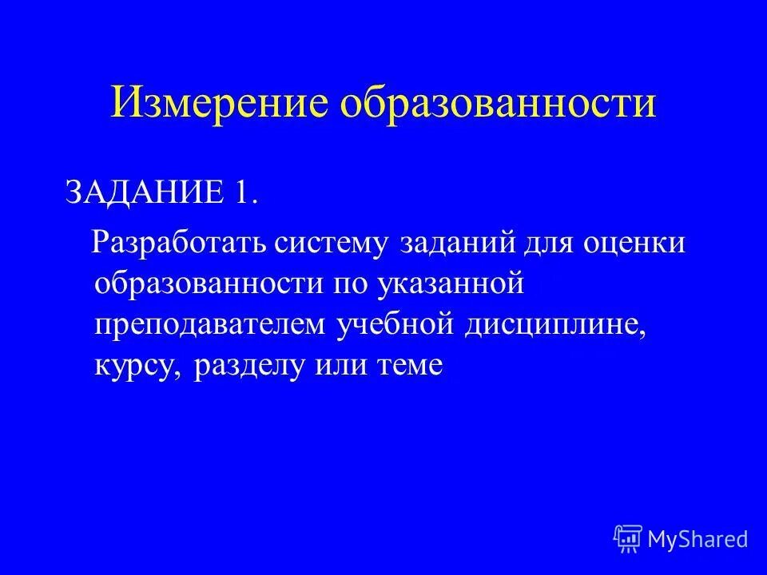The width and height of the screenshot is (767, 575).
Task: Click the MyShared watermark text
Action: click(698, 539)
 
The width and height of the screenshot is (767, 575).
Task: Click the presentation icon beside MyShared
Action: click(627, 539)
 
